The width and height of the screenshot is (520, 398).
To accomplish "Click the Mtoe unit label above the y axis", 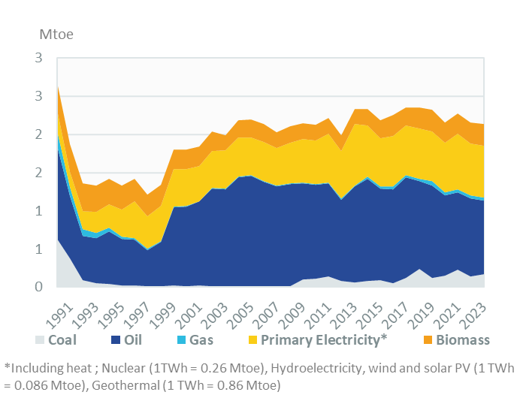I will tap(56, 35).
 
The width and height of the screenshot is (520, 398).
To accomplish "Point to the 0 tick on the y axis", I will tap(38, 287).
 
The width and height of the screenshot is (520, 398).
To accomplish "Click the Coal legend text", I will tap(62, 340).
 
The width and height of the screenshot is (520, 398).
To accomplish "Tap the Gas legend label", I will tap(201, 340).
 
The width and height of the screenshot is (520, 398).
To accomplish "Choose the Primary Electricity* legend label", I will tap(322, 340).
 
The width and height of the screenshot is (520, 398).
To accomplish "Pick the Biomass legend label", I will tap(460, 340).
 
